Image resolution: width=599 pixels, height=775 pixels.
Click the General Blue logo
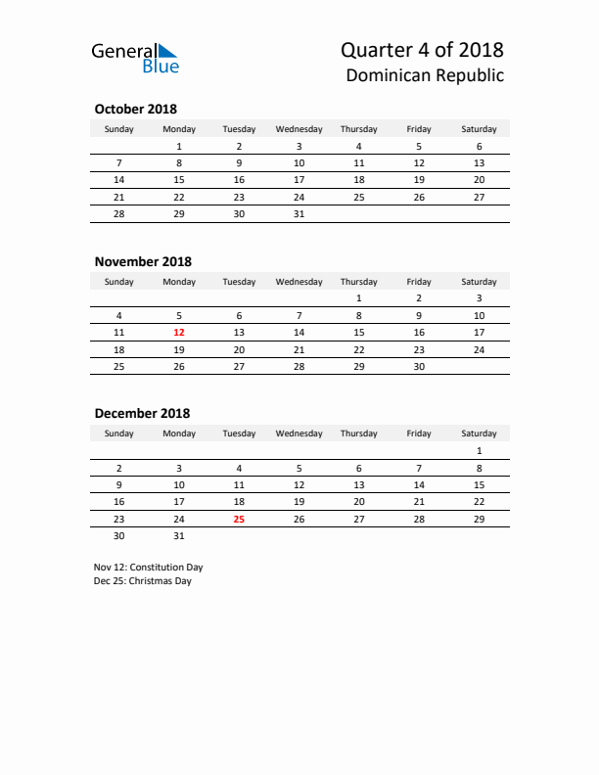tap(135, 58)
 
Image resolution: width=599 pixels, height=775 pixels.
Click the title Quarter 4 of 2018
tap(422, 49)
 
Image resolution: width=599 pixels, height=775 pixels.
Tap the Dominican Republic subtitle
tap(425, 75)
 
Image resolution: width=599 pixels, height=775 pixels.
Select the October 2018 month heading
tap(135, 110)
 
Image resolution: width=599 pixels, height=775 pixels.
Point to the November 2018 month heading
tap(143, 261)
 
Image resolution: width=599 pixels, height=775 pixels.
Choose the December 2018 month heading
tap(142, 414)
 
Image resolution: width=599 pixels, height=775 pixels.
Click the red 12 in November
tap(179, 332)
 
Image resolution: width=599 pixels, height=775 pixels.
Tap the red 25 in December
tap(239, 520)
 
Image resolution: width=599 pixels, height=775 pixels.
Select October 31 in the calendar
tap(299, 213)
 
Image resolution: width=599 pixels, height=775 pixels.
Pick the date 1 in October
tap(179, 147)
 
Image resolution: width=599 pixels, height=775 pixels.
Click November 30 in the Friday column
tap(419, 367)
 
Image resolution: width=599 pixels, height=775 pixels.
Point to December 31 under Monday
tap(179, 536)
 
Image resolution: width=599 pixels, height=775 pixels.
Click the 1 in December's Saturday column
tap(479, 451)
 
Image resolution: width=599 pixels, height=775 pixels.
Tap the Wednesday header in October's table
tap(299, 129)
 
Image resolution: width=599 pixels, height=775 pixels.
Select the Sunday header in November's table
tap(119, 282)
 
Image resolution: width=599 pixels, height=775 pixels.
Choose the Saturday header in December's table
tap(479, 433)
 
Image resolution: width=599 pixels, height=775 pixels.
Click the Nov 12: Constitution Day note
tap(148, 567)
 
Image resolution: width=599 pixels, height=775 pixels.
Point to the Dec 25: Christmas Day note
tap(143, 581)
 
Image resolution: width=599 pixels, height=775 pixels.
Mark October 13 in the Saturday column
tap(479, 163)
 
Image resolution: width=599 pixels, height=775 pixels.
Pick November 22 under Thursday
tap(359, 349)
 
